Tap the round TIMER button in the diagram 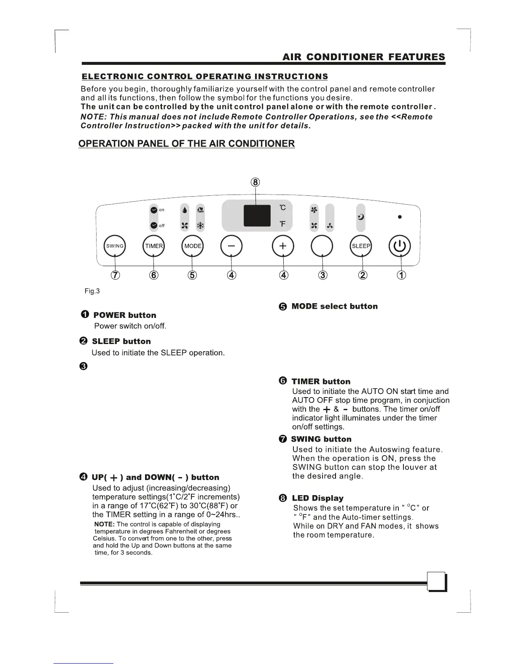pos(154,246)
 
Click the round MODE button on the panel pos(193,246)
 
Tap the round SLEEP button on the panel pos(361,246)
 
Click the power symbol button pos(400,246)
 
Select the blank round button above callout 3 pos(322,246)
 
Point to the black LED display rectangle pos(257,216)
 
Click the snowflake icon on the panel pos(201,226)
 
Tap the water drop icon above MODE pos(185,210)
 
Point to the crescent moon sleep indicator pos(361,217)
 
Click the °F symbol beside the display pos(283,224)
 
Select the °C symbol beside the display pos(282,208)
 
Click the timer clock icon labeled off pos(153,226)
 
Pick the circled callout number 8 pos(255,182)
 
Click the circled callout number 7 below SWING pos(115,275)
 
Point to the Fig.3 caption pos(92,291)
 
